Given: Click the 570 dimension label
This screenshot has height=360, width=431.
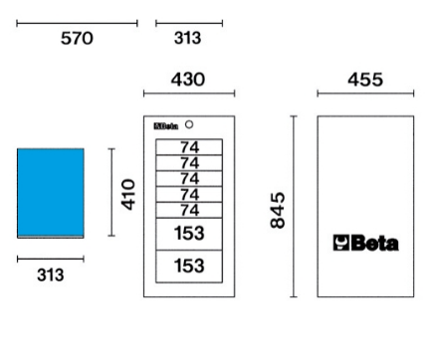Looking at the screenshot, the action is (x=77, y=38).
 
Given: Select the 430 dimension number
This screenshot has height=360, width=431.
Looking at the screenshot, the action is (x=188, y=80).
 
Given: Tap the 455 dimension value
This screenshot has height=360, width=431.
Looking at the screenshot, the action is (x=365, y=80).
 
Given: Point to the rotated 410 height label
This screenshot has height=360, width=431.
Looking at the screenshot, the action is (x=128, y=195).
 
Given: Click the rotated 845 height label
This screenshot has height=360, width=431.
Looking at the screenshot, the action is (x=278, y=210).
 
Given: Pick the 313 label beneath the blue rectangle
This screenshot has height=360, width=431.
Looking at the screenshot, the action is (x=51, y=275).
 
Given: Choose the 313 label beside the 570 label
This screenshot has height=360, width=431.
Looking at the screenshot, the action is (x=188, y=38).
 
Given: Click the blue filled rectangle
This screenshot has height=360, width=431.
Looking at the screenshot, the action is (x=51, y=193).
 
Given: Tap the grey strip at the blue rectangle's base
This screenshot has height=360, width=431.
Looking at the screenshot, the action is (x=51, y=237).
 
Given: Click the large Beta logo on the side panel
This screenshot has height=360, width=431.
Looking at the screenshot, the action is (x=365, y=243).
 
